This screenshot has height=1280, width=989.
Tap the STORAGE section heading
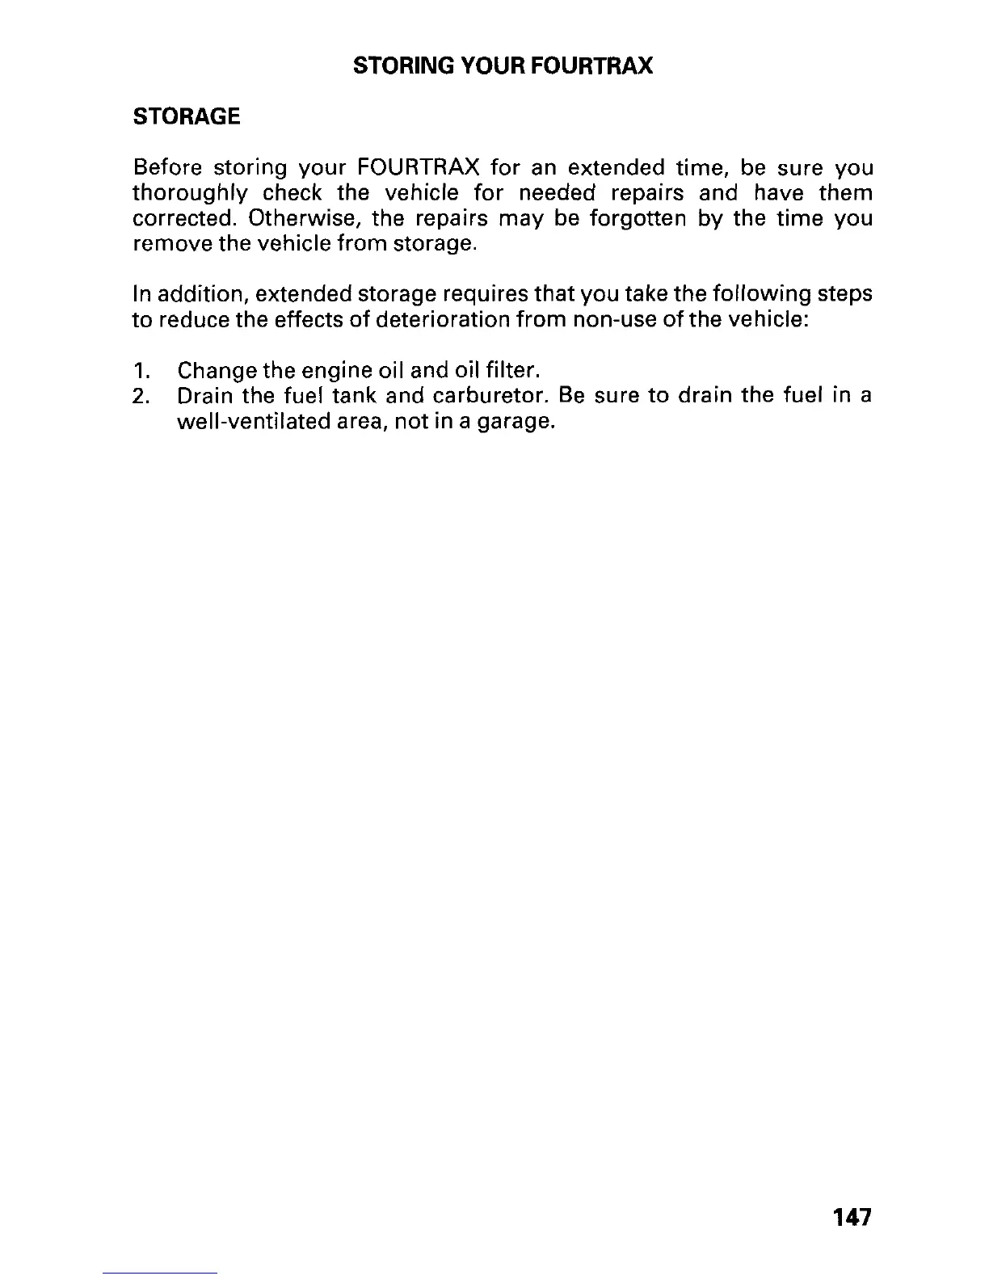tap(186, 117)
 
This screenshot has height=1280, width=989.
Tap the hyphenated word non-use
tap(611, 319)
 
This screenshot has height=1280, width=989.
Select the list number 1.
tap(141, 371)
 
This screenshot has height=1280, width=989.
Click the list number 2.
tap(141, 397)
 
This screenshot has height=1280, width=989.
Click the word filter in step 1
tap(511, 371)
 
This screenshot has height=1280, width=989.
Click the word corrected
tap(185, 219)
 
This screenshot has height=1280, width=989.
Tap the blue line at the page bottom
tap(160, 1273)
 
